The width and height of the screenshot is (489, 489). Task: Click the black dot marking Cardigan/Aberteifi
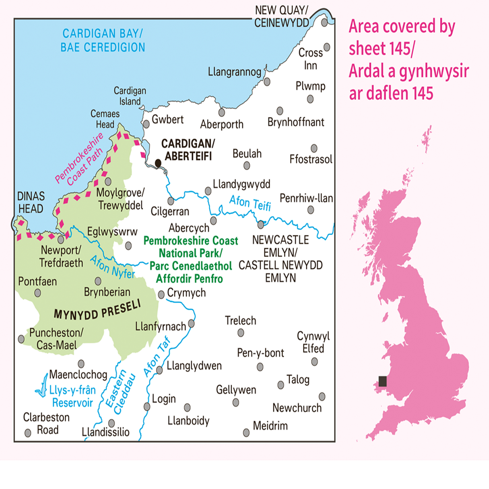click(158, 164)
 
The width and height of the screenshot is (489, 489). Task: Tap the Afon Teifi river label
click(250, 202)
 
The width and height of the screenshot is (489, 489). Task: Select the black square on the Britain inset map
click(382, 381)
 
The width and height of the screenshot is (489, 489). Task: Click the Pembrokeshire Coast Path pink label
click(79, 159)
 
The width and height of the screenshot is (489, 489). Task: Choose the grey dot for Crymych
click(161, 295)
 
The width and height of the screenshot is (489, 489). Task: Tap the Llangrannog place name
click(235, 72)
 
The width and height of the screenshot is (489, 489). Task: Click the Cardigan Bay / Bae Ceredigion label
click(103, 40)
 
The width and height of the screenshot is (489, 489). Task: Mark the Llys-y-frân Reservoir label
click(73, 396)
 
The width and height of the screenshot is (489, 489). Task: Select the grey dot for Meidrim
click(246, 433)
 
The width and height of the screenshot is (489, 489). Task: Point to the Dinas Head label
click(31, 202)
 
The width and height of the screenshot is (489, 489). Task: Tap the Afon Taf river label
click(157, 356)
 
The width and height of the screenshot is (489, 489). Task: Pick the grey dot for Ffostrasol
click(314, 148)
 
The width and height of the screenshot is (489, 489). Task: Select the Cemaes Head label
click(105, 119)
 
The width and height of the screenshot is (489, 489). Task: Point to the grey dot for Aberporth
click(222, 113)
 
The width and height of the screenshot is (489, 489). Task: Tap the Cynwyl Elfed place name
click(313, 342)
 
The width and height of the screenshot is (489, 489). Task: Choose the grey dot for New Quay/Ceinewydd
click(324, 23)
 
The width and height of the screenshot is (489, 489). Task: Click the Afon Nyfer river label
click(112, 267)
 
